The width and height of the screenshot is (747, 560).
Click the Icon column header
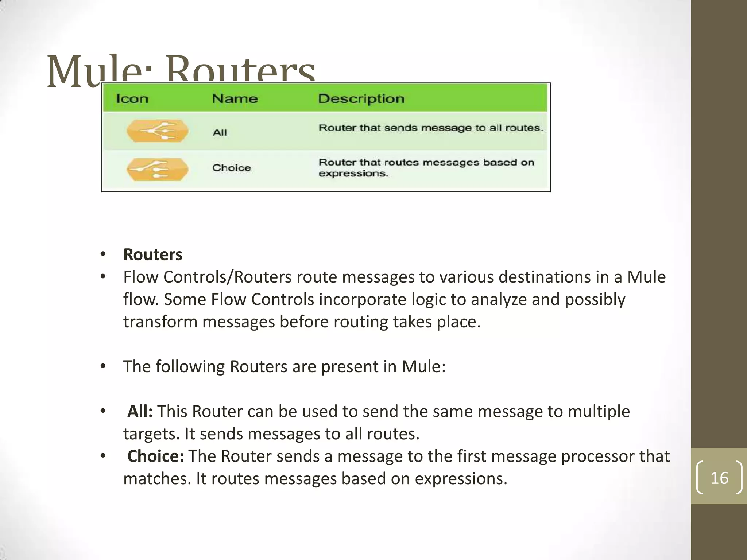point(132,99)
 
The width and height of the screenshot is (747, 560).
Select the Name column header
point(235,99)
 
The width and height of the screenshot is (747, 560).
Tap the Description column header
point(361,99)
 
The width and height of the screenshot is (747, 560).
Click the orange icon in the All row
point(158,131)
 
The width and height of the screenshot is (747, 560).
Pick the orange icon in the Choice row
point(158,170)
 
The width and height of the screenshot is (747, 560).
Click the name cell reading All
point(220,133)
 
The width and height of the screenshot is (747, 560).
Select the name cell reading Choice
point(232,168)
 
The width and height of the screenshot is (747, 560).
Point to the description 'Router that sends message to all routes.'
point(431,128)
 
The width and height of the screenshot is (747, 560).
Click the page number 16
point(719,478)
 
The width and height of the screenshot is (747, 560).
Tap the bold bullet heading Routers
point(153,254)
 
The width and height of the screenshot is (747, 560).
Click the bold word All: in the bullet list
point(140,411)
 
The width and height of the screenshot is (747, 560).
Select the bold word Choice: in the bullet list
point(156,456)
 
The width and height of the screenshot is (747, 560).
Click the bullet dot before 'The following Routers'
point(103,366)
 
